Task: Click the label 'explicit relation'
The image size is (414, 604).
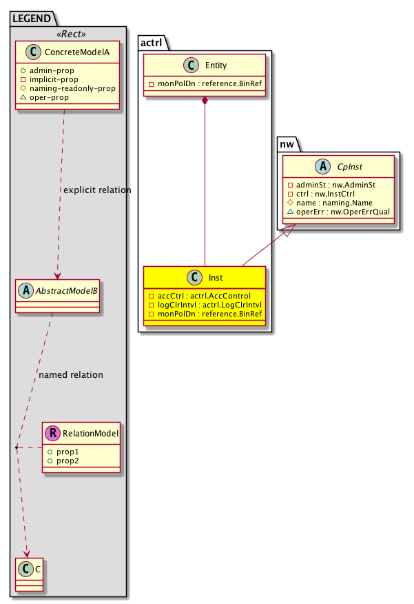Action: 96,190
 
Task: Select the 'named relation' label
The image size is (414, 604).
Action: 71,375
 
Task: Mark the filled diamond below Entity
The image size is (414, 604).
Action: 205,102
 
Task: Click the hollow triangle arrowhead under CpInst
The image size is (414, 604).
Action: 290,232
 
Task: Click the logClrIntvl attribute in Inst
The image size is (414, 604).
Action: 206,304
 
